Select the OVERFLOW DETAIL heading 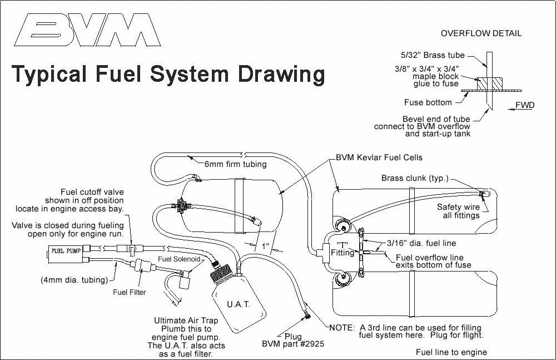[481, 33]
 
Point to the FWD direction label [524, 105]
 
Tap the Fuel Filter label [129, 292]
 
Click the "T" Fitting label [342, 249]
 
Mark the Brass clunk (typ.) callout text [415, 179]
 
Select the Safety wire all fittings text [458, 211]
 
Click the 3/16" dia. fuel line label [413, 243]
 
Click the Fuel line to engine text [451, 352]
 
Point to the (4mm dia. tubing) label [74, 280]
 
